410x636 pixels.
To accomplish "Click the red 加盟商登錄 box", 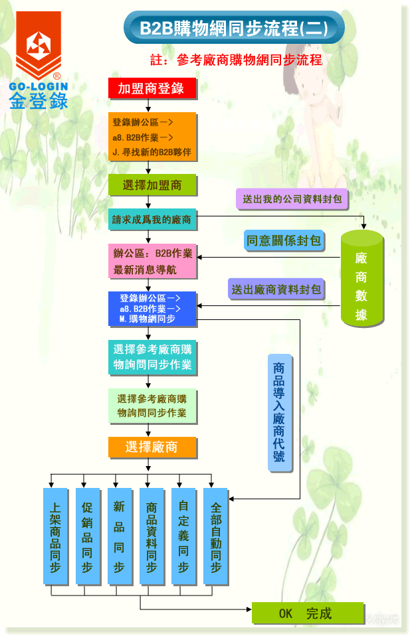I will pyautogui.click(x=152, y=88).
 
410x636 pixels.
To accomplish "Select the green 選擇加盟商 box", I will pyautogui.click(x=152, y=185).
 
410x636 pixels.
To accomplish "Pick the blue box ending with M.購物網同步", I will pyautogui.click(x=152, y=309).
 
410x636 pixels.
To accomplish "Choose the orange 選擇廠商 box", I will pyautogui.click(x=152, y=447).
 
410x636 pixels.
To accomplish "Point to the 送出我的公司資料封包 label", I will pyautogui.click(x=292, y=199).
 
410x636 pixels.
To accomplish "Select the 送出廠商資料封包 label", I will pyautogui.click(x=275, y=289).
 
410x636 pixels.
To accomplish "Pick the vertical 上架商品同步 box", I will pyautogui.click(x=55, y=536).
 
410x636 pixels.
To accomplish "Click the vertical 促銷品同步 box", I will pyautogui.click(x=87, y=536).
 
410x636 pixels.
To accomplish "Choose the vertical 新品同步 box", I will pyautogui.click(x=119, y=536).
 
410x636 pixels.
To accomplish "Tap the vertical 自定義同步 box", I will pyautogui.click(x=183, y=536).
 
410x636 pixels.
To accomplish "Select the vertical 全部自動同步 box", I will pyautogui.click(x=215, y=536).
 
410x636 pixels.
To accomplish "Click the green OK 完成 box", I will pyautogui.click(x=307, y=613).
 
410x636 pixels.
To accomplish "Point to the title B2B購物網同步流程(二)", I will pyautogui.click(x=233, y=29).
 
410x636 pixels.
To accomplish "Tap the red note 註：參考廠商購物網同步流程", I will pyautogui.click(x=237, y=60).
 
